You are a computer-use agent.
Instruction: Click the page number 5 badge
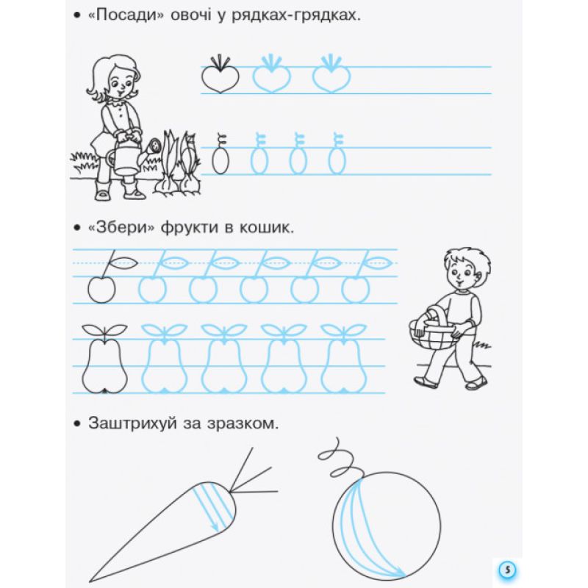[x=507, y=570]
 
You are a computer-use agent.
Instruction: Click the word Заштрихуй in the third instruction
[x=132, y=423]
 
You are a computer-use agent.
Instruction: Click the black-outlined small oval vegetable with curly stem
[x=220, y=154]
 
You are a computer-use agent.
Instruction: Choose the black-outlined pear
[x=104, y=359]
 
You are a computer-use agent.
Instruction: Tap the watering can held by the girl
[x=123, y=157]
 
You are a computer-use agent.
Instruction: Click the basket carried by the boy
[x=432, y=330]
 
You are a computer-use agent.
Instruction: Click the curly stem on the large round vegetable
[x=340, y=460]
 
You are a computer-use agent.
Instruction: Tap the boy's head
[x=466, y=269]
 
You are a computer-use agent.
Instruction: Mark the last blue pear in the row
[x=343, y=359]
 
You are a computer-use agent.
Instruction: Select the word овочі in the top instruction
[x=191, y=16]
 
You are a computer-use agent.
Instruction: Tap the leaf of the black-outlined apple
[x=123, y=263]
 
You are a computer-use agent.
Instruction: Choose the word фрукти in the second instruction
[x=190, y=229]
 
